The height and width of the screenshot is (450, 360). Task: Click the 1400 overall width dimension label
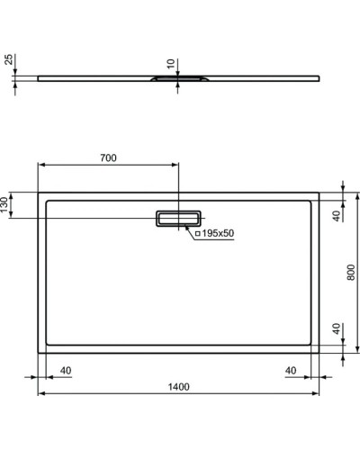[178, 387]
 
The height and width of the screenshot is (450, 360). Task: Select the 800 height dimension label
[351, 273]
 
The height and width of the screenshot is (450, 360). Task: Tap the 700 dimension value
[107, 158]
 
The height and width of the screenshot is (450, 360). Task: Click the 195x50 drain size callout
[216, 233]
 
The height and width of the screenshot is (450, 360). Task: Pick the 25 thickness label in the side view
[8, 60]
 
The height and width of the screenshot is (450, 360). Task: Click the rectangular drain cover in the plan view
[180, 220]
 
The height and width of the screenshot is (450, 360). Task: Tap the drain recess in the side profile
[180, 80]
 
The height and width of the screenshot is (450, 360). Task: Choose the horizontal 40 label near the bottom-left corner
[66, 370]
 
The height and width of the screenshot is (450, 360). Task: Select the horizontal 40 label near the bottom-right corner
[291, 370]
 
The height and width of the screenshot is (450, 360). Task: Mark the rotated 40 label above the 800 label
[337, 216]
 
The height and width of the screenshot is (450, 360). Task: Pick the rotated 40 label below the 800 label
[337, 329]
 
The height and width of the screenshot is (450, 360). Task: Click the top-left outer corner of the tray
[38, 192]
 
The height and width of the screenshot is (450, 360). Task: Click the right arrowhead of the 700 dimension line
[176, 166]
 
